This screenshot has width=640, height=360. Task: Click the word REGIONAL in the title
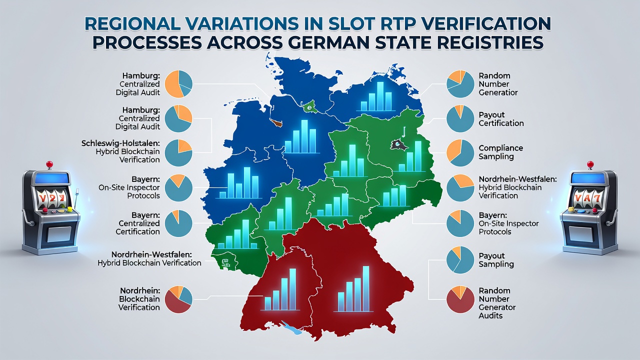132,24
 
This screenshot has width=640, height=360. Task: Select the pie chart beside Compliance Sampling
460,153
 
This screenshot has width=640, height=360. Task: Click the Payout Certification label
501,119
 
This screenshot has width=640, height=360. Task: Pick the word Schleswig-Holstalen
120,143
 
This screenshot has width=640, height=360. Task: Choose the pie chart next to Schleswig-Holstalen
178,153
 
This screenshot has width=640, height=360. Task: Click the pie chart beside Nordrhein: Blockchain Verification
178,299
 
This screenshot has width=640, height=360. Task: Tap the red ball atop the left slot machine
49,164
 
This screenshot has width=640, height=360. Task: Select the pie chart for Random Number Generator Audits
460,299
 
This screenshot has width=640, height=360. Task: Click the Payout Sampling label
496,259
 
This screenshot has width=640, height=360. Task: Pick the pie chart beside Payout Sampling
460,260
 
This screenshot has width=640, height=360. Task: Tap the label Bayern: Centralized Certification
137,223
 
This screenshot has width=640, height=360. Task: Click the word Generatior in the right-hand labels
498,92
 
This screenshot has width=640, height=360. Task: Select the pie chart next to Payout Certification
460,118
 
